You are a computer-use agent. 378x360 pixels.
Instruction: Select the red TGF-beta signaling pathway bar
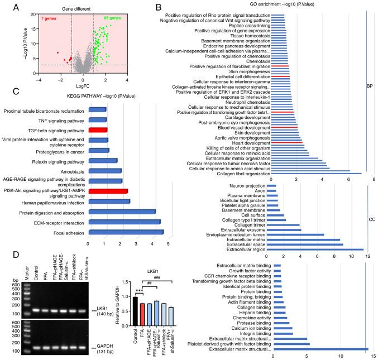97,129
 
